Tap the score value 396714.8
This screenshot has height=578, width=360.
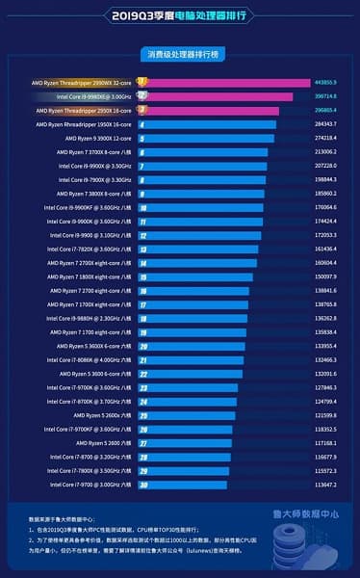(325, 96)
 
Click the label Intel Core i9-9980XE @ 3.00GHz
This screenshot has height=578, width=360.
(95, 96)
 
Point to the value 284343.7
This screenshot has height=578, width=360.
(325, 124)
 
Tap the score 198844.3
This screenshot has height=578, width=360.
(325, 179)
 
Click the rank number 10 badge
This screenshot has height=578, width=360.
(142, 207)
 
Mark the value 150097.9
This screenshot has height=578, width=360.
(325, 276)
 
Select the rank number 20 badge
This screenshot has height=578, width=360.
(142, 346)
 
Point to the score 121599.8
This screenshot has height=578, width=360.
(325, 415)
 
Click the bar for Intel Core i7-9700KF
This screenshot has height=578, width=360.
(189, 429)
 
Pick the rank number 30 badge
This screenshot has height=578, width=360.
(142, 485)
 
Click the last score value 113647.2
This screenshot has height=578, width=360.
(325, 485)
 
